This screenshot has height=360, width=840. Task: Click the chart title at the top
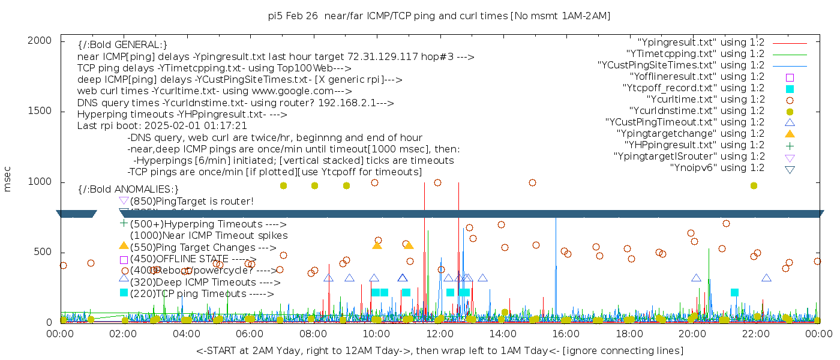(x=439, y=16)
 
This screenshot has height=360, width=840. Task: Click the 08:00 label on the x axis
(x=313, y=334)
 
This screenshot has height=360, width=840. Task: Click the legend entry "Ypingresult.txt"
(x=701, y=43)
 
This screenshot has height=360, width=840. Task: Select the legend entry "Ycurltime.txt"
(x=705, y=100)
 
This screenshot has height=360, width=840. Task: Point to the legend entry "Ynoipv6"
(x=717, y=168)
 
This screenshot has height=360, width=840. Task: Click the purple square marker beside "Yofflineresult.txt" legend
(x=790, y=77)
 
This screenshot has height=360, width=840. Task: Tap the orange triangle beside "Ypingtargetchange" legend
(x=790, y=134)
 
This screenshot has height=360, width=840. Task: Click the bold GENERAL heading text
(x=122, y=45)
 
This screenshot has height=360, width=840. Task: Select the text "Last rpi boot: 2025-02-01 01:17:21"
(x=162, y=125)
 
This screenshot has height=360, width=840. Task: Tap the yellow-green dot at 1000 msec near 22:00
(x=754, y=185)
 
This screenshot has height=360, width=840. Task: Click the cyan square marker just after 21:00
(x=734, y=292)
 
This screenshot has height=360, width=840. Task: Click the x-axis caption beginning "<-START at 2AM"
(x=439, y=350)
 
